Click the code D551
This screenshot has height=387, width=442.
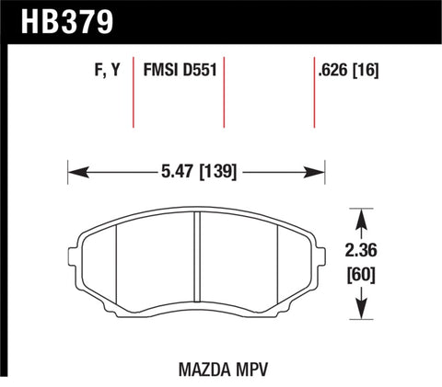[198, 70]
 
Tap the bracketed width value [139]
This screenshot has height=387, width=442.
[217, 171]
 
